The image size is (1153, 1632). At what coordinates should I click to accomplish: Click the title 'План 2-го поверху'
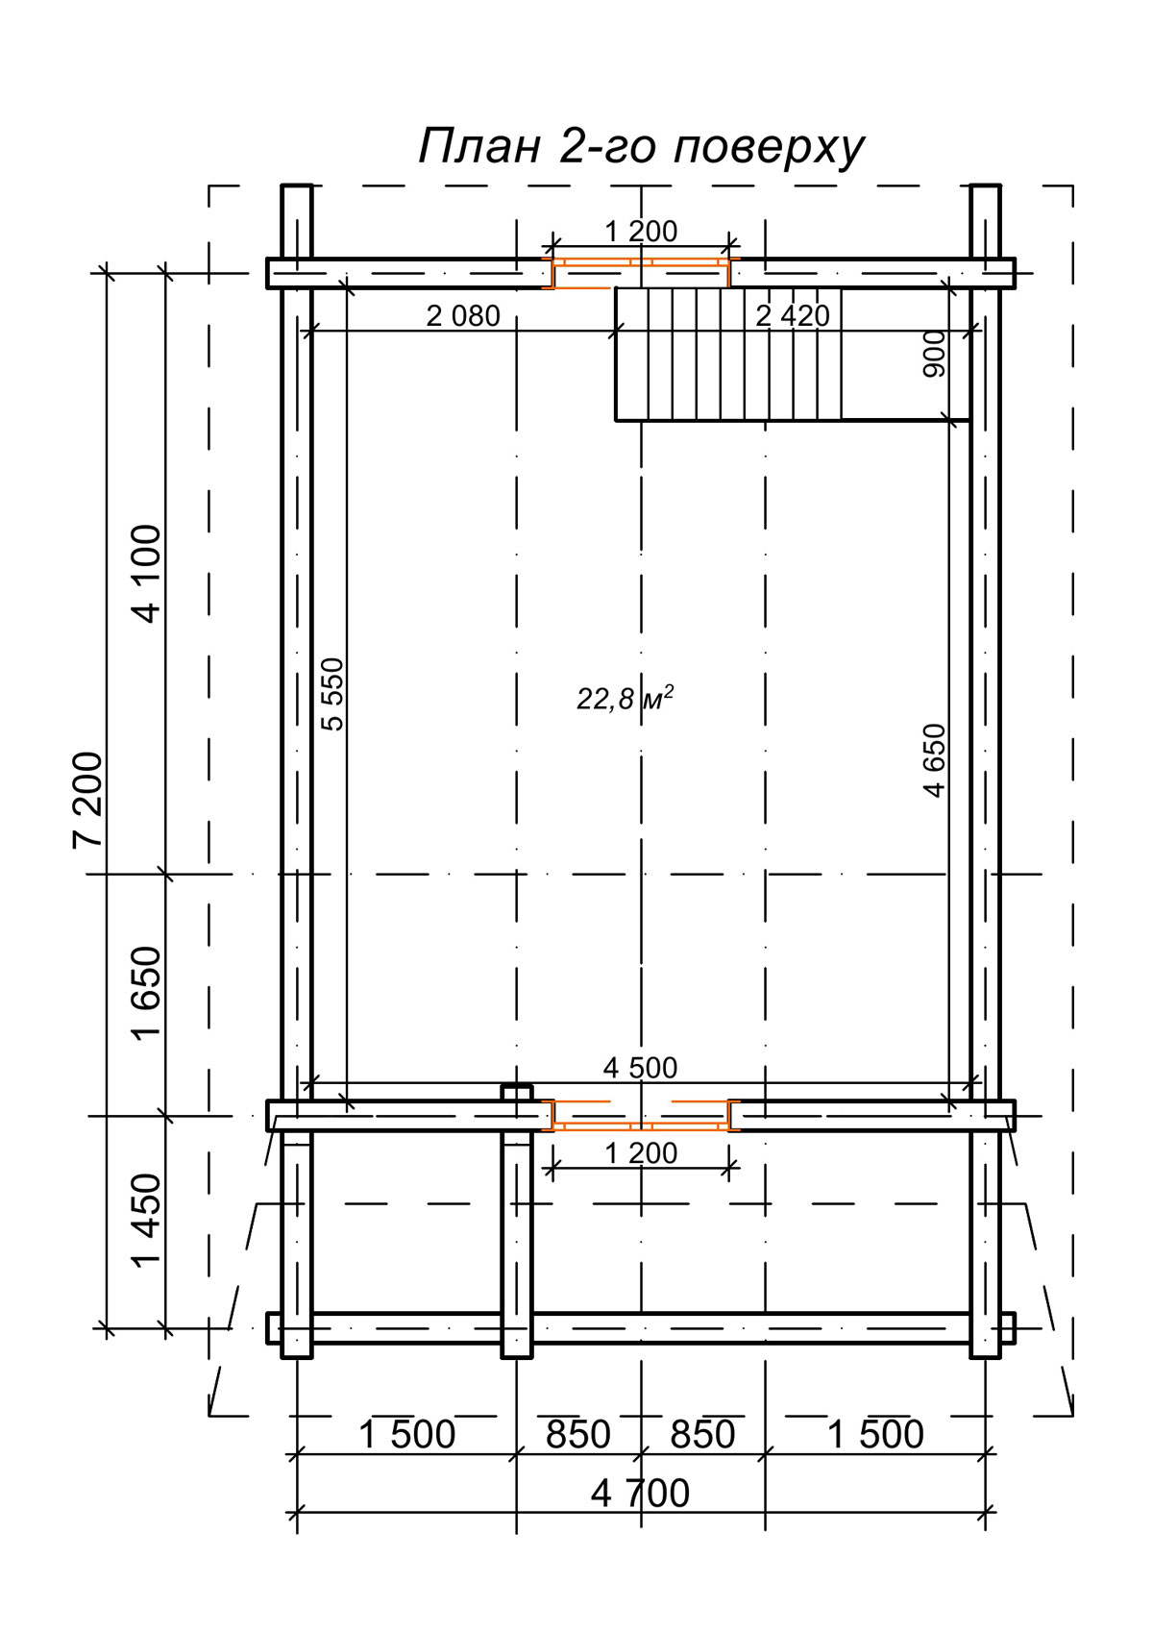click(x=641, y=147)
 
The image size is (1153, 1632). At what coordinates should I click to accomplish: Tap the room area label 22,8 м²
click(x=625, y=698)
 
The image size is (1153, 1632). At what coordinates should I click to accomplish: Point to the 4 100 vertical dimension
click(x=147, y=574)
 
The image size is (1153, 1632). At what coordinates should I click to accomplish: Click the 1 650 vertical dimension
click(x=147, y=994)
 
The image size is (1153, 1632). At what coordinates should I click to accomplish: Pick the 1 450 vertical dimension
click(x=147, y=1221)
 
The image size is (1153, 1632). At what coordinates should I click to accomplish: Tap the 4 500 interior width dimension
click(x=640, y=1068)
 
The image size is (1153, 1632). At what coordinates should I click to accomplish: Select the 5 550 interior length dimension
click(x=332, y=694)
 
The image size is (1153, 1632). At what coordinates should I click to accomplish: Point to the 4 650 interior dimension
click(x=934, y=760)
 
